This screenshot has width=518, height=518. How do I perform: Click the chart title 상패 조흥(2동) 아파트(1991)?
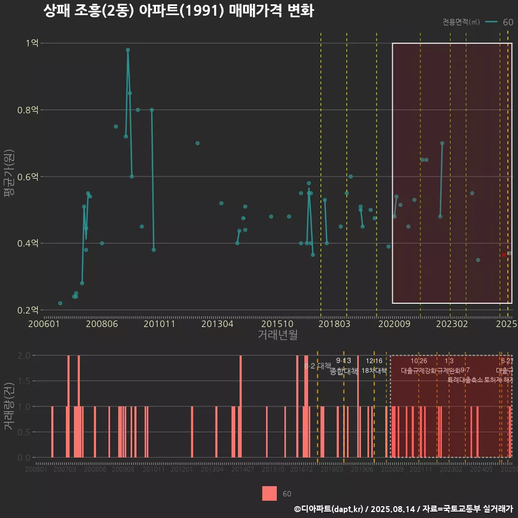coord(178,11)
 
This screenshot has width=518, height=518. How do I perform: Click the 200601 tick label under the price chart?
coord(44,324)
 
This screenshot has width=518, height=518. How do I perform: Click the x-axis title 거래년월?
coord(277,335)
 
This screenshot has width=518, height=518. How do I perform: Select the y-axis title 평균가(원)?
coord(9,176)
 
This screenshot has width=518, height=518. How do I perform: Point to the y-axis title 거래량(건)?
coord(9,406)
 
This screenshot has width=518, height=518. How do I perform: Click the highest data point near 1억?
coord(128,50)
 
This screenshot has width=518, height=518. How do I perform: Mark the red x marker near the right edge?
coord(503,255)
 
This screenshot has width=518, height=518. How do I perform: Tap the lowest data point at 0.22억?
coord(60,303)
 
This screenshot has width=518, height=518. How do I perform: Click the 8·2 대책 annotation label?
coord(317,366)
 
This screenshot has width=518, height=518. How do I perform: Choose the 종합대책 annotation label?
coord(344,371)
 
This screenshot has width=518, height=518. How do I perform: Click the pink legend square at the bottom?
coord(269,493)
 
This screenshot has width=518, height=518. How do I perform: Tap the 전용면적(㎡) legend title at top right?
coord(461,22)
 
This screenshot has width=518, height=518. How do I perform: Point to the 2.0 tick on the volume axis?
coord(24,356)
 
